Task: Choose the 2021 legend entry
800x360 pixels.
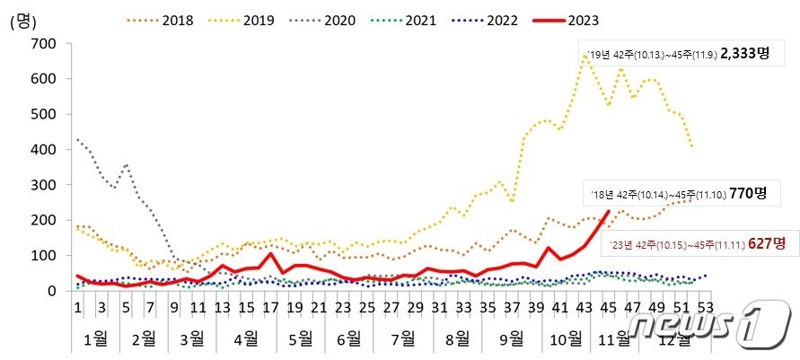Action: [427, 18]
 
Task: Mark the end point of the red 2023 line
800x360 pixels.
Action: [609, 212]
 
